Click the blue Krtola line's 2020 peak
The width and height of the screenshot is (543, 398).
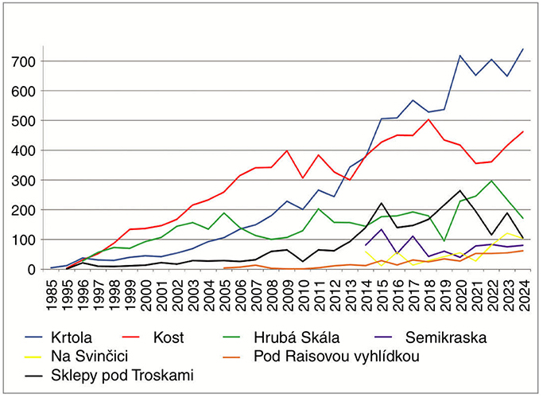point(460,56)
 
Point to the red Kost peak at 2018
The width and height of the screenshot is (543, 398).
point(429,119)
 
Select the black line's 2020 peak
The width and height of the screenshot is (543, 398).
point(460,190)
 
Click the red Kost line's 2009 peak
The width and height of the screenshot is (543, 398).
point(286,150)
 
